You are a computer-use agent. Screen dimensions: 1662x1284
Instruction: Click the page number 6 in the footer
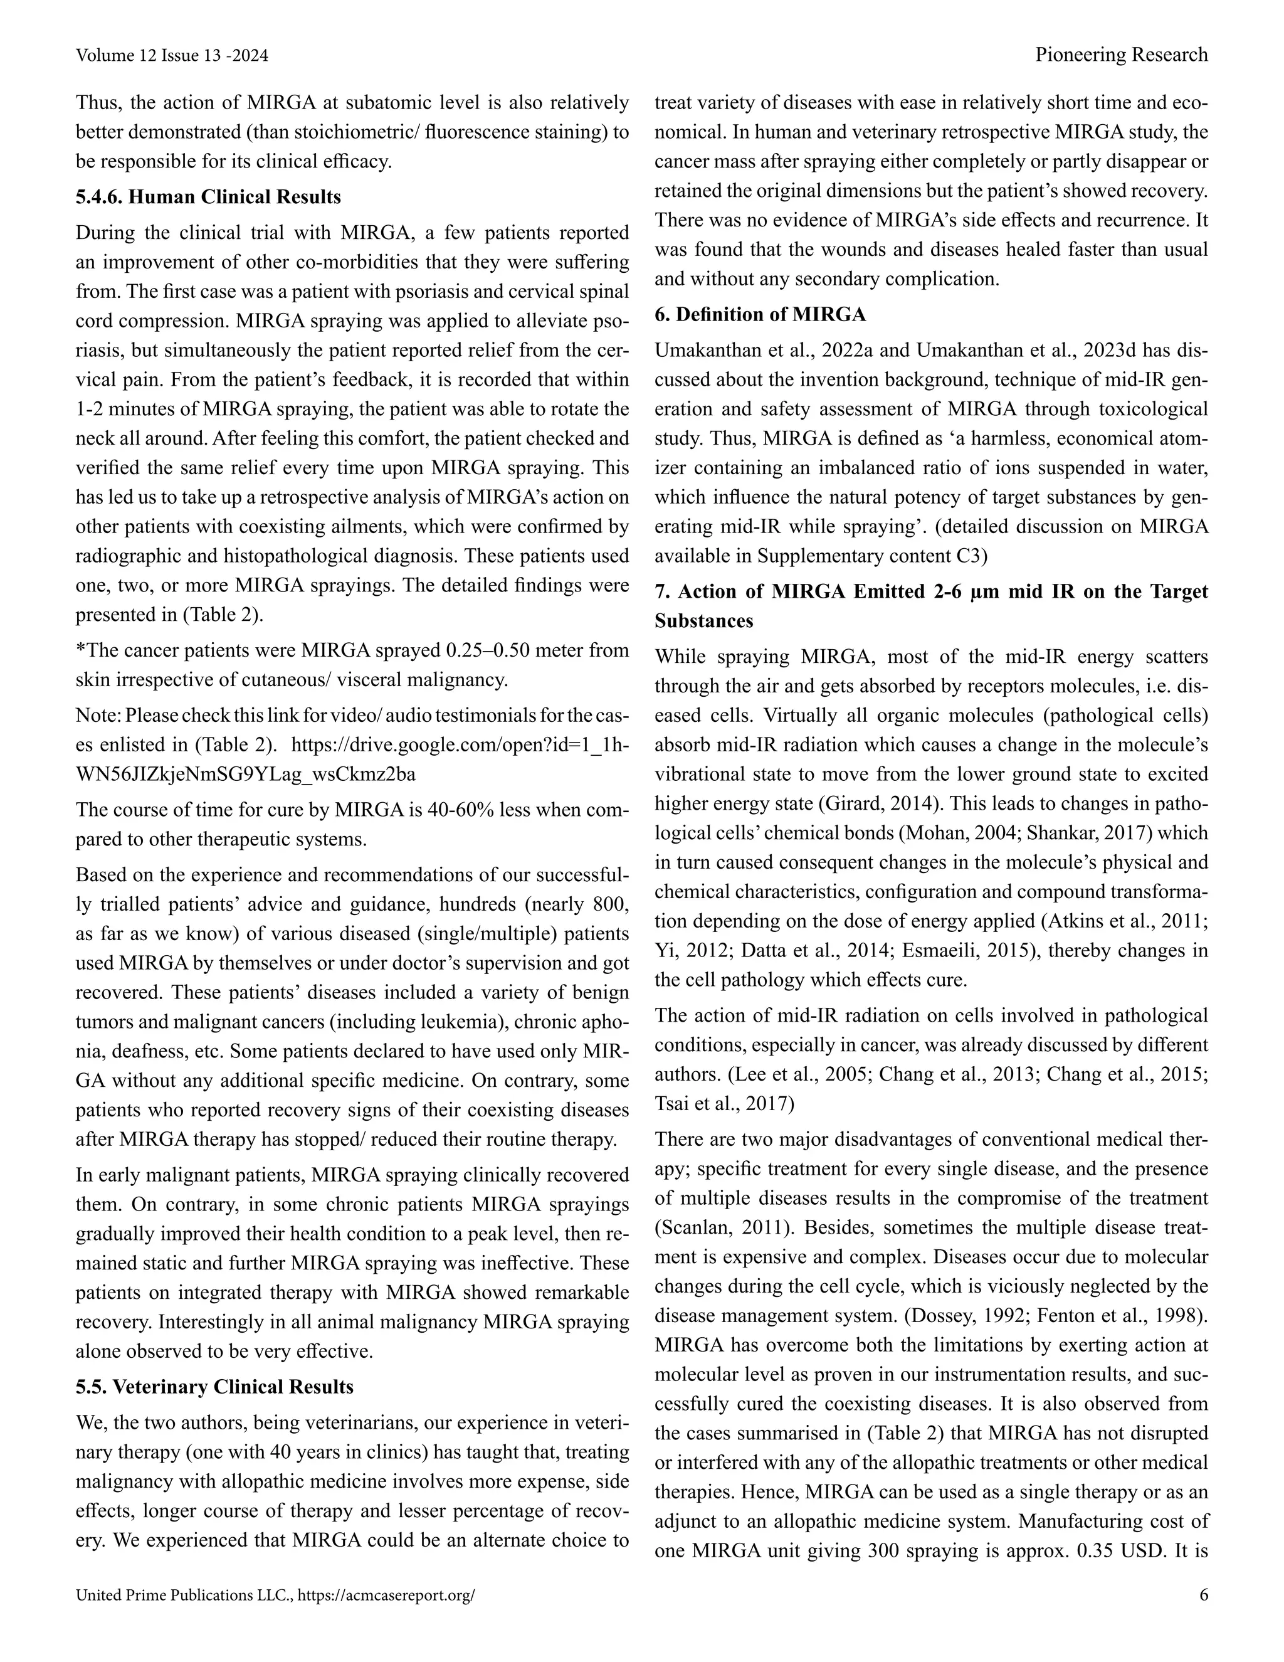point(1202,1595)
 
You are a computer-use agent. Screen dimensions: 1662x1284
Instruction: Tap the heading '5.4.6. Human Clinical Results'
point(208,197)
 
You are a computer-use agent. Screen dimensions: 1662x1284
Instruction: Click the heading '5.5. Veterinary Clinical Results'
point(214,1387)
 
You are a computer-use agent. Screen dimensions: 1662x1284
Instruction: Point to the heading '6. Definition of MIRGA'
point(760,314)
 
